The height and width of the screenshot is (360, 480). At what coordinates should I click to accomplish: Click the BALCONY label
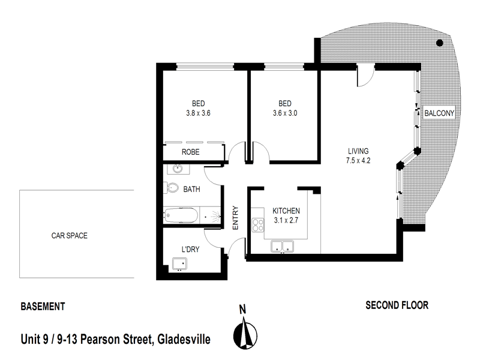439,113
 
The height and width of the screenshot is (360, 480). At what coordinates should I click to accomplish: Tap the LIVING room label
358,151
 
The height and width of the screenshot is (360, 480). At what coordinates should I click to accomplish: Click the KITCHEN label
286,211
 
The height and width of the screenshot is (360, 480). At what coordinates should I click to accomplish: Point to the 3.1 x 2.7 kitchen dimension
286,221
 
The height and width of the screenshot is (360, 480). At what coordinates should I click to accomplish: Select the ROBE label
191,152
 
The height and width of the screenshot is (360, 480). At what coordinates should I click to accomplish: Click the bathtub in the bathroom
181,214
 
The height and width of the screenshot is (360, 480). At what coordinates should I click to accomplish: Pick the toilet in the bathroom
172,188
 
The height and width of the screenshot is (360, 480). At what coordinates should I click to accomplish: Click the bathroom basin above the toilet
177,169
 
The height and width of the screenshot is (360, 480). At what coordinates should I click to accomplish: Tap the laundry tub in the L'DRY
179,263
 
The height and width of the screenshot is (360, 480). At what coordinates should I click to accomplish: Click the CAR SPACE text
69,236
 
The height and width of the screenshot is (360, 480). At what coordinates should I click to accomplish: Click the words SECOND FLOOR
397,305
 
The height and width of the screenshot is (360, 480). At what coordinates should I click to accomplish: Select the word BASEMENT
43,306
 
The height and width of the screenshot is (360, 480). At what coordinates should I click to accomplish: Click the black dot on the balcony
440,43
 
